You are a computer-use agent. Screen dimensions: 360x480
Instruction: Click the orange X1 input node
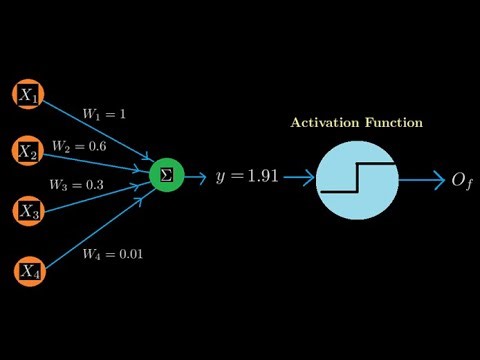click(28, 96)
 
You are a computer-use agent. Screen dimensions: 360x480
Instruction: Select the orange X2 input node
click(28, 151)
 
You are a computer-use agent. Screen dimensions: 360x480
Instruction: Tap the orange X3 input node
click(28, 211)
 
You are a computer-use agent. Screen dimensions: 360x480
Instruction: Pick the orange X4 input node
click(28, 269)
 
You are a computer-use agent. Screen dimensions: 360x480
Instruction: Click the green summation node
click(165, 176)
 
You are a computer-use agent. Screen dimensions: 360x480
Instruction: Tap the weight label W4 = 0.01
click(112, 254)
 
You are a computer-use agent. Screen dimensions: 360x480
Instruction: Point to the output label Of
click(461, 181)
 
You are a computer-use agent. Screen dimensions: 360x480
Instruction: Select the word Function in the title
click(394, 123)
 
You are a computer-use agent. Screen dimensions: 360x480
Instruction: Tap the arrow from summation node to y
click(195, 177)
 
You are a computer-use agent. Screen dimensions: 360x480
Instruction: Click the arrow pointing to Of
click(422, 181)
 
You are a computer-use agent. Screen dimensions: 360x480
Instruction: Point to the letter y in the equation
click(220, 179)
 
